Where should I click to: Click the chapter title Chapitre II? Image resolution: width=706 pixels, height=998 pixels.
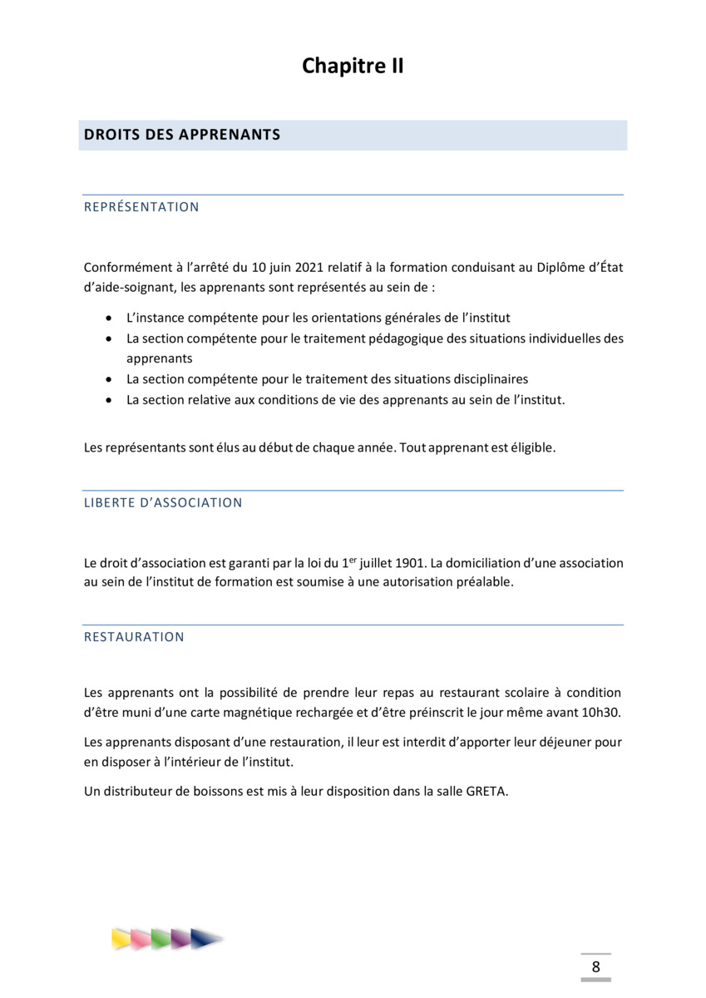[353, 67]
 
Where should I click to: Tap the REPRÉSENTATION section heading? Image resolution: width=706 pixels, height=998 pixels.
[141, 207]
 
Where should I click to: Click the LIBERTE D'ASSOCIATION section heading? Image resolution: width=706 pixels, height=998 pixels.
[163, 503]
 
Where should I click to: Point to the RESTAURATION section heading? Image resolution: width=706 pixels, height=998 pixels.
[134, 637]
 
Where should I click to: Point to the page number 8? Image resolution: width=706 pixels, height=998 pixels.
[595, 967]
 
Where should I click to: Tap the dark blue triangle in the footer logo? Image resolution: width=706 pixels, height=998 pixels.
[205, 938]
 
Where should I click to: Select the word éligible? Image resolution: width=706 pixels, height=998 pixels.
[529, 447]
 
